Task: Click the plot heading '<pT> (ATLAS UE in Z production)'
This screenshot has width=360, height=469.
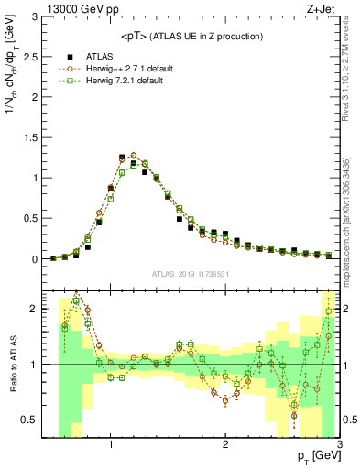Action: click(191, 36)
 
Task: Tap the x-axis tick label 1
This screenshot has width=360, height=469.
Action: click(111, 447)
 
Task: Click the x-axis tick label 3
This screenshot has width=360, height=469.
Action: click(339, 447)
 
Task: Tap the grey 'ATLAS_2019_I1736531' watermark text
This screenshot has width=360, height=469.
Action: click(191, 274)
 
